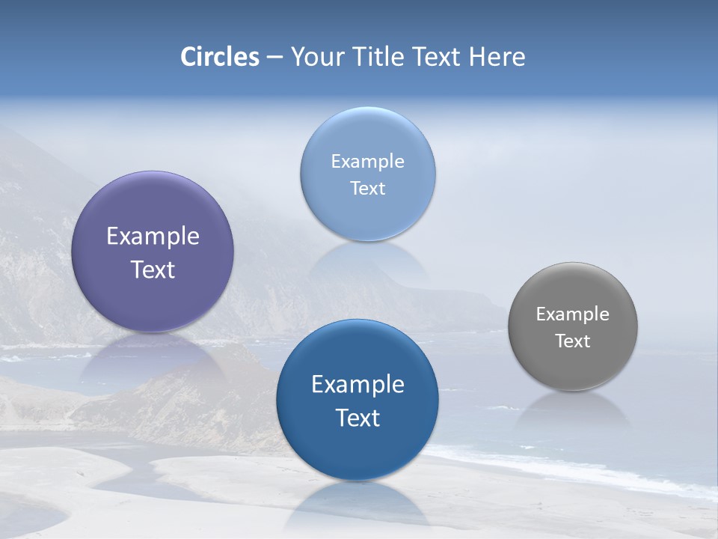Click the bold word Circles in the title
[x=220, y=57]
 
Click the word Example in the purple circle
[x=153, y=237]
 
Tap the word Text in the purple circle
[x=153, y=269]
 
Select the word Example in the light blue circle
[x=367, y=162]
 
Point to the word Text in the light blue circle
[x=367, y=188]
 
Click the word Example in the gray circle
[x=573, y=314]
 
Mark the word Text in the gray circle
[x=573, y=341]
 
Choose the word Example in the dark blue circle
[x=358, y=385]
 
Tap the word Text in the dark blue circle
[x=358, y=418]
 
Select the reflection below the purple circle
[x=153, y=356]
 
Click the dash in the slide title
[x=274, y=58]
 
